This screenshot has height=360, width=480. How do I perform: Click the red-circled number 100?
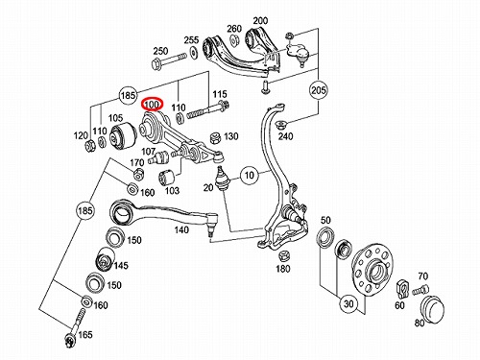(x=153, y=105)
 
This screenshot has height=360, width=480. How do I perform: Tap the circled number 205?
(x=318, y=90)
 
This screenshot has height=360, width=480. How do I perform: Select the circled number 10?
(x=250, y=175)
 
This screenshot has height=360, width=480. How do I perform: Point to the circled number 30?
(x=348, y=303)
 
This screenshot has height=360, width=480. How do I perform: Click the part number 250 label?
(x=160, y=51)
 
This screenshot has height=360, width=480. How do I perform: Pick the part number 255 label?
(x=191, y=40)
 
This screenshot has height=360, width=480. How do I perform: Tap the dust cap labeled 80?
(x=432, y=308)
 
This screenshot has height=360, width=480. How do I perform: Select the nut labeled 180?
(x=284, y=256)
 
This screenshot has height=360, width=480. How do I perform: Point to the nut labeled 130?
(x=216, y=137)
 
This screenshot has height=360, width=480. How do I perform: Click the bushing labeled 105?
(x=123, y=136)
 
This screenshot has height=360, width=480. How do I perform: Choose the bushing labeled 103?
(x=166, y=177)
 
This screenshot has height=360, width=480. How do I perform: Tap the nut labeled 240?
(x=281, y=124)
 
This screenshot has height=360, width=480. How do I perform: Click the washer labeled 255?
(x=193, y=51)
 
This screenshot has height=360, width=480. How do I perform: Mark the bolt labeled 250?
(x=168, y=60)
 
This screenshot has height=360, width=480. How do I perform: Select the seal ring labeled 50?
(x=326, y=236)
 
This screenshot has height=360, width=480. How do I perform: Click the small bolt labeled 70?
(x=420, y=290)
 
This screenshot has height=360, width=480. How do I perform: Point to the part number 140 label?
(x=181, y=229)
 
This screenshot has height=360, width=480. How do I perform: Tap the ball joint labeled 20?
(x=221, y=178)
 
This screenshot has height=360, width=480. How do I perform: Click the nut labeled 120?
(x=89, y=146)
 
